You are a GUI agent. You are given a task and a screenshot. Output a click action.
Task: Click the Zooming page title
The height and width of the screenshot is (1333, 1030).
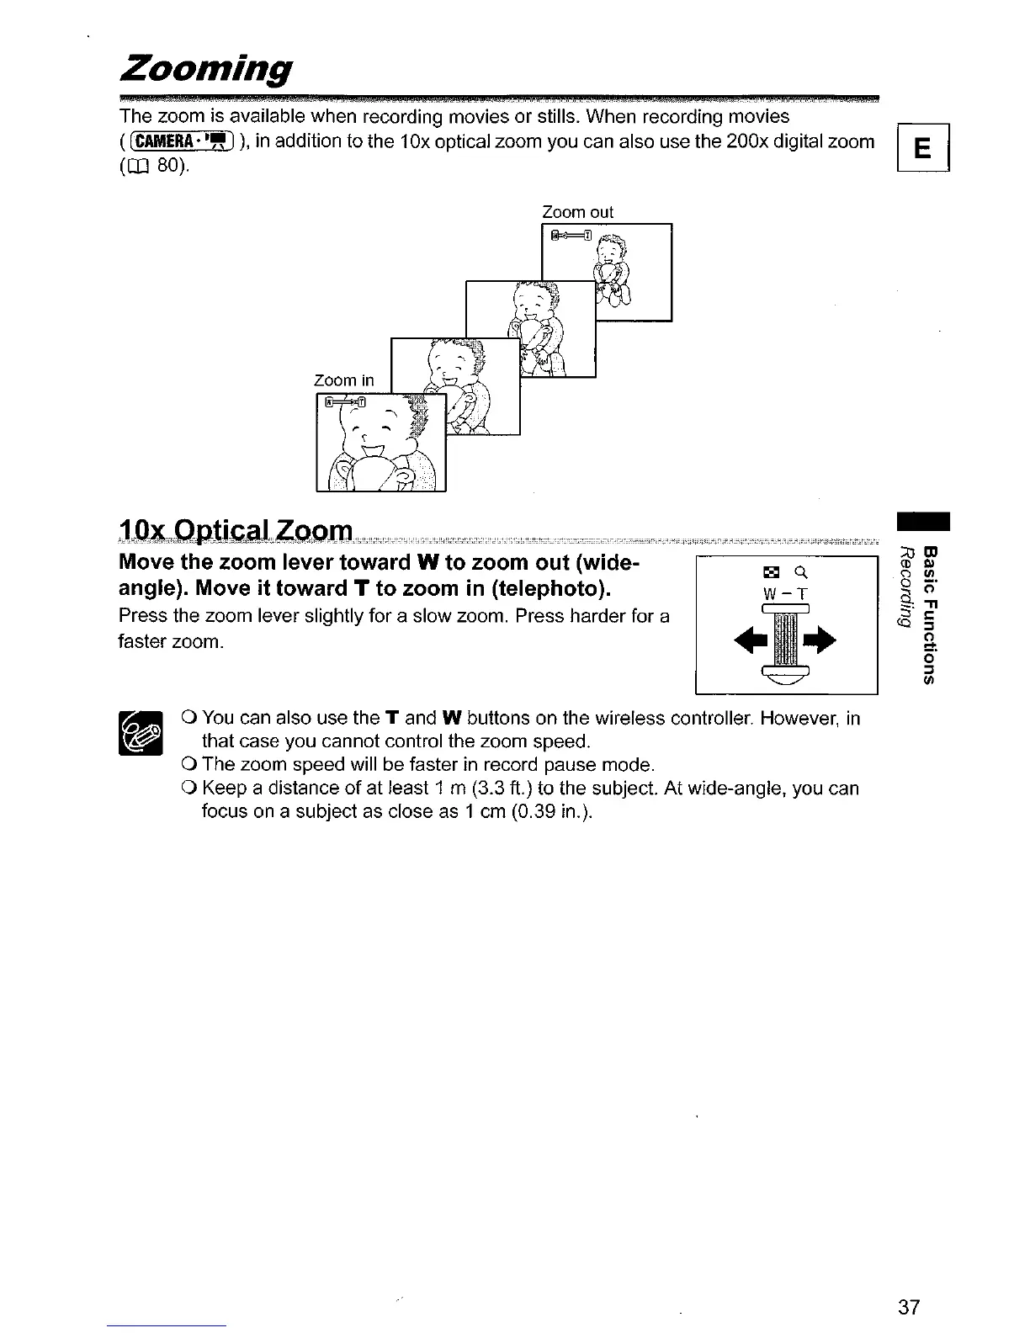[207, 67]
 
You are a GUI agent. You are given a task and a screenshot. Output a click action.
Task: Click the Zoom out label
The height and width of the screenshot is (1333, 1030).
[577, 212]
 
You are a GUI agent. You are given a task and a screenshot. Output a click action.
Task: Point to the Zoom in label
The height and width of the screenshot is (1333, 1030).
[343, 380]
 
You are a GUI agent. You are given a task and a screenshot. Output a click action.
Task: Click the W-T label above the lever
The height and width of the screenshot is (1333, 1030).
[783, 593]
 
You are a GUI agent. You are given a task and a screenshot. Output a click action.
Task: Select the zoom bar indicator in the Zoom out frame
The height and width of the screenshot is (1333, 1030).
[571, 235]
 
